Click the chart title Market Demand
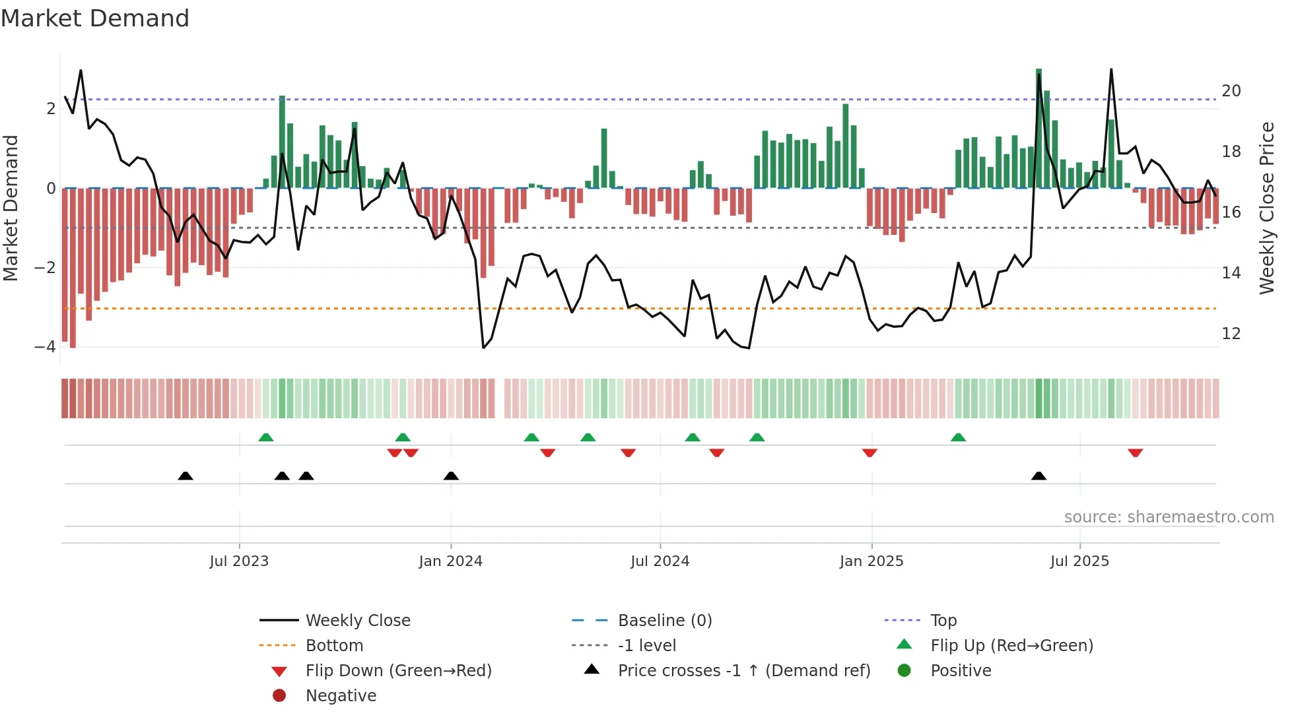[95, 18]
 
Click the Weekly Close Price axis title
[1266, 208]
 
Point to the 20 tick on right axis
[1231, 91]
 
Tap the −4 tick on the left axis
[45, 347]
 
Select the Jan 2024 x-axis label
[450, 561]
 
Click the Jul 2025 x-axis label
[1079, 561]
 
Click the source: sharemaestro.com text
[1169, 517]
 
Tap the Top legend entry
[943, 621]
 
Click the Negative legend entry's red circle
[279, 696]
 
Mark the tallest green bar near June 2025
[1039, 129]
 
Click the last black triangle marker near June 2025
[1039, 476]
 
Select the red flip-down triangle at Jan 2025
[869, 453]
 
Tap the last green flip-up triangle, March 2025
[958, 437]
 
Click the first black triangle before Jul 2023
[186, 476]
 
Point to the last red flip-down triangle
[1135, 453]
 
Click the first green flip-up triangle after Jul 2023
[265, 437]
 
